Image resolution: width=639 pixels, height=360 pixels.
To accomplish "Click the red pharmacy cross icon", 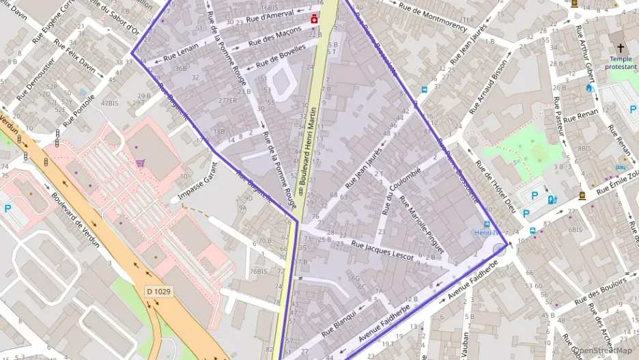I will [x=314, y=20].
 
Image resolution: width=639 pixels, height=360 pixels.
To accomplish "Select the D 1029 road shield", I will [x=158, y=291].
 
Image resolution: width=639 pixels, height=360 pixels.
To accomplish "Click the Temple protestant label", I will [x=621, y=63].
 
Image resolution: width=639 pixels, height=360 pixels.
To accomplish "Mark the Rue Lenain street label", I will [x=181, y=51].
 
